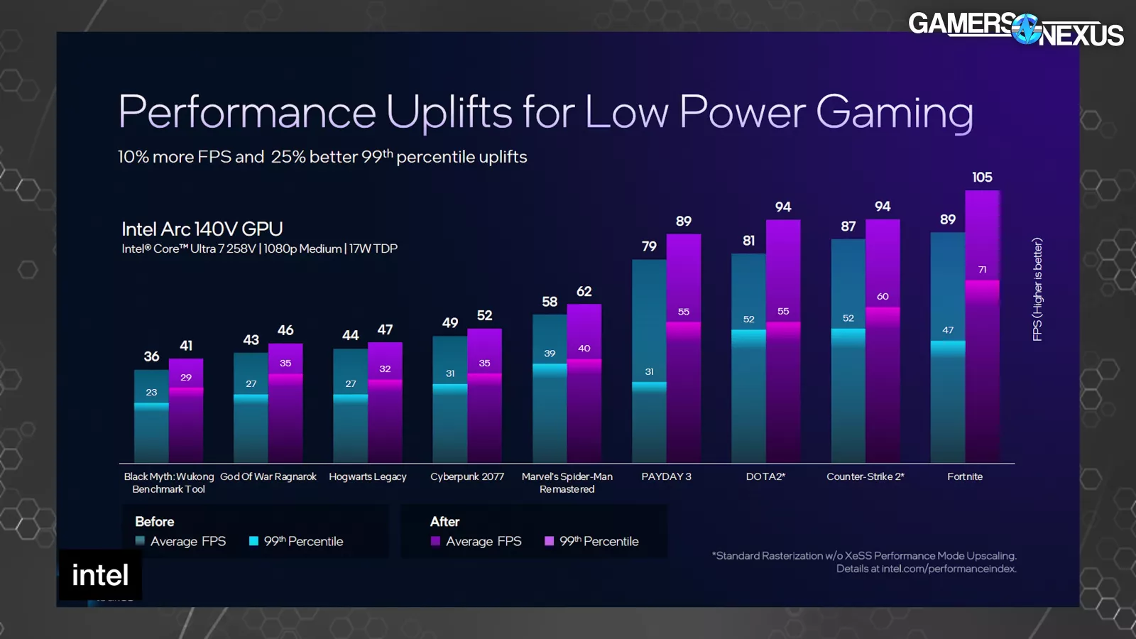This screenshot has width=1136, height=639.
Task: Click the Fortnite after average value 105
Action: (x=982, y=177)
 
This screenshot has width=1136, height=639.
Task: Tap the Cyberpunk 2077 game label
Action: (x=467, y=476)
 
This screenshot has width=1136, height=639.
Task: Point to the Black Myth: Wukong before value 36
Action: (x=151, y=356)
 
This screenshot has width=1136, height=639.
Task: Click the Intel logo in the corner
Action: (x=100, y=575)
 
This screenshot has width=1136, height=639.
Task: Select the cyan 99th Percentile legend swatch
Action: (x=253, y=541)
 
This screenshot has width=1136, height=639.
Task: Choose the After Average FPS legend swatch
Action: (x=435, y=541)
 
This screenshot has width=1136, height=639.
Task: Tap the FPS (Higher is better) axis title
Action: (x=1037, y=289)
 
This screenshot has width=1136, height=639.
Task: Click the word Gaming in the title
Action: (x=894, y=112)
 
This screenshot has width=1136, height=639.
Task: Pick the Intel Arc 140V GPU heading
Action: (x=202, y=229)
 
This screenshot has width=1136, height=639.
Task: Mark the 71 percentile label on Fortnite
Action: (x=982, y=270)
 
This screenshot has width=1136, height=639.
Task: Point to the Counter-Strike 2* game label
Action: (x=865, y=476)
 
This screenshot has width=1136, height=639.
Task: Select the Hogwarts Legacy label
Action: (x=368, y=476)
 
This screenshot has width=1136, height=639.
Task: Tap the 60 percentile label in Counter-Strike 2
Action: (x=883, y=297)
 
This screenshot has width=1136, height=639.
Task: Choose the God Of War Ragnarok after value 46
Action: (x=285, y=330)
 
